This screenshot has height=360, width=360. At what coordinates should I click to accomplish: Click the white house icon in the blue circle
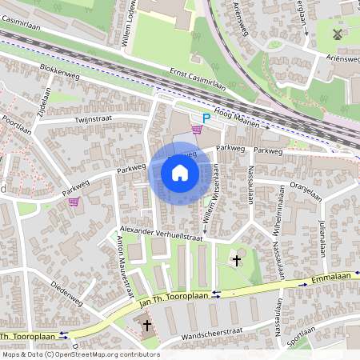click(x=179, y=173)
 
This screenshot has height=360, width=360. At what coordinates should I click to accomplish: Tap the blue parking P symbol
click(x=206, y=118)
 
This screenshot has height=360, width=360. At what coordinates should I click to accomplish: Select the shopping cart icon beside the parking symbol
click(x=197, y=130)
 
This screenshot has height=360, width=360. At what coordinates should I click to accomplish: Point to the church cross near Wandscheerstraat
click(x=147, y=325)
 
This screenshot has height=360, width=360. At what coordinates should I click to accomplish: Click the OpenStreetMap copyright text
click(x=80, y=354)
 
